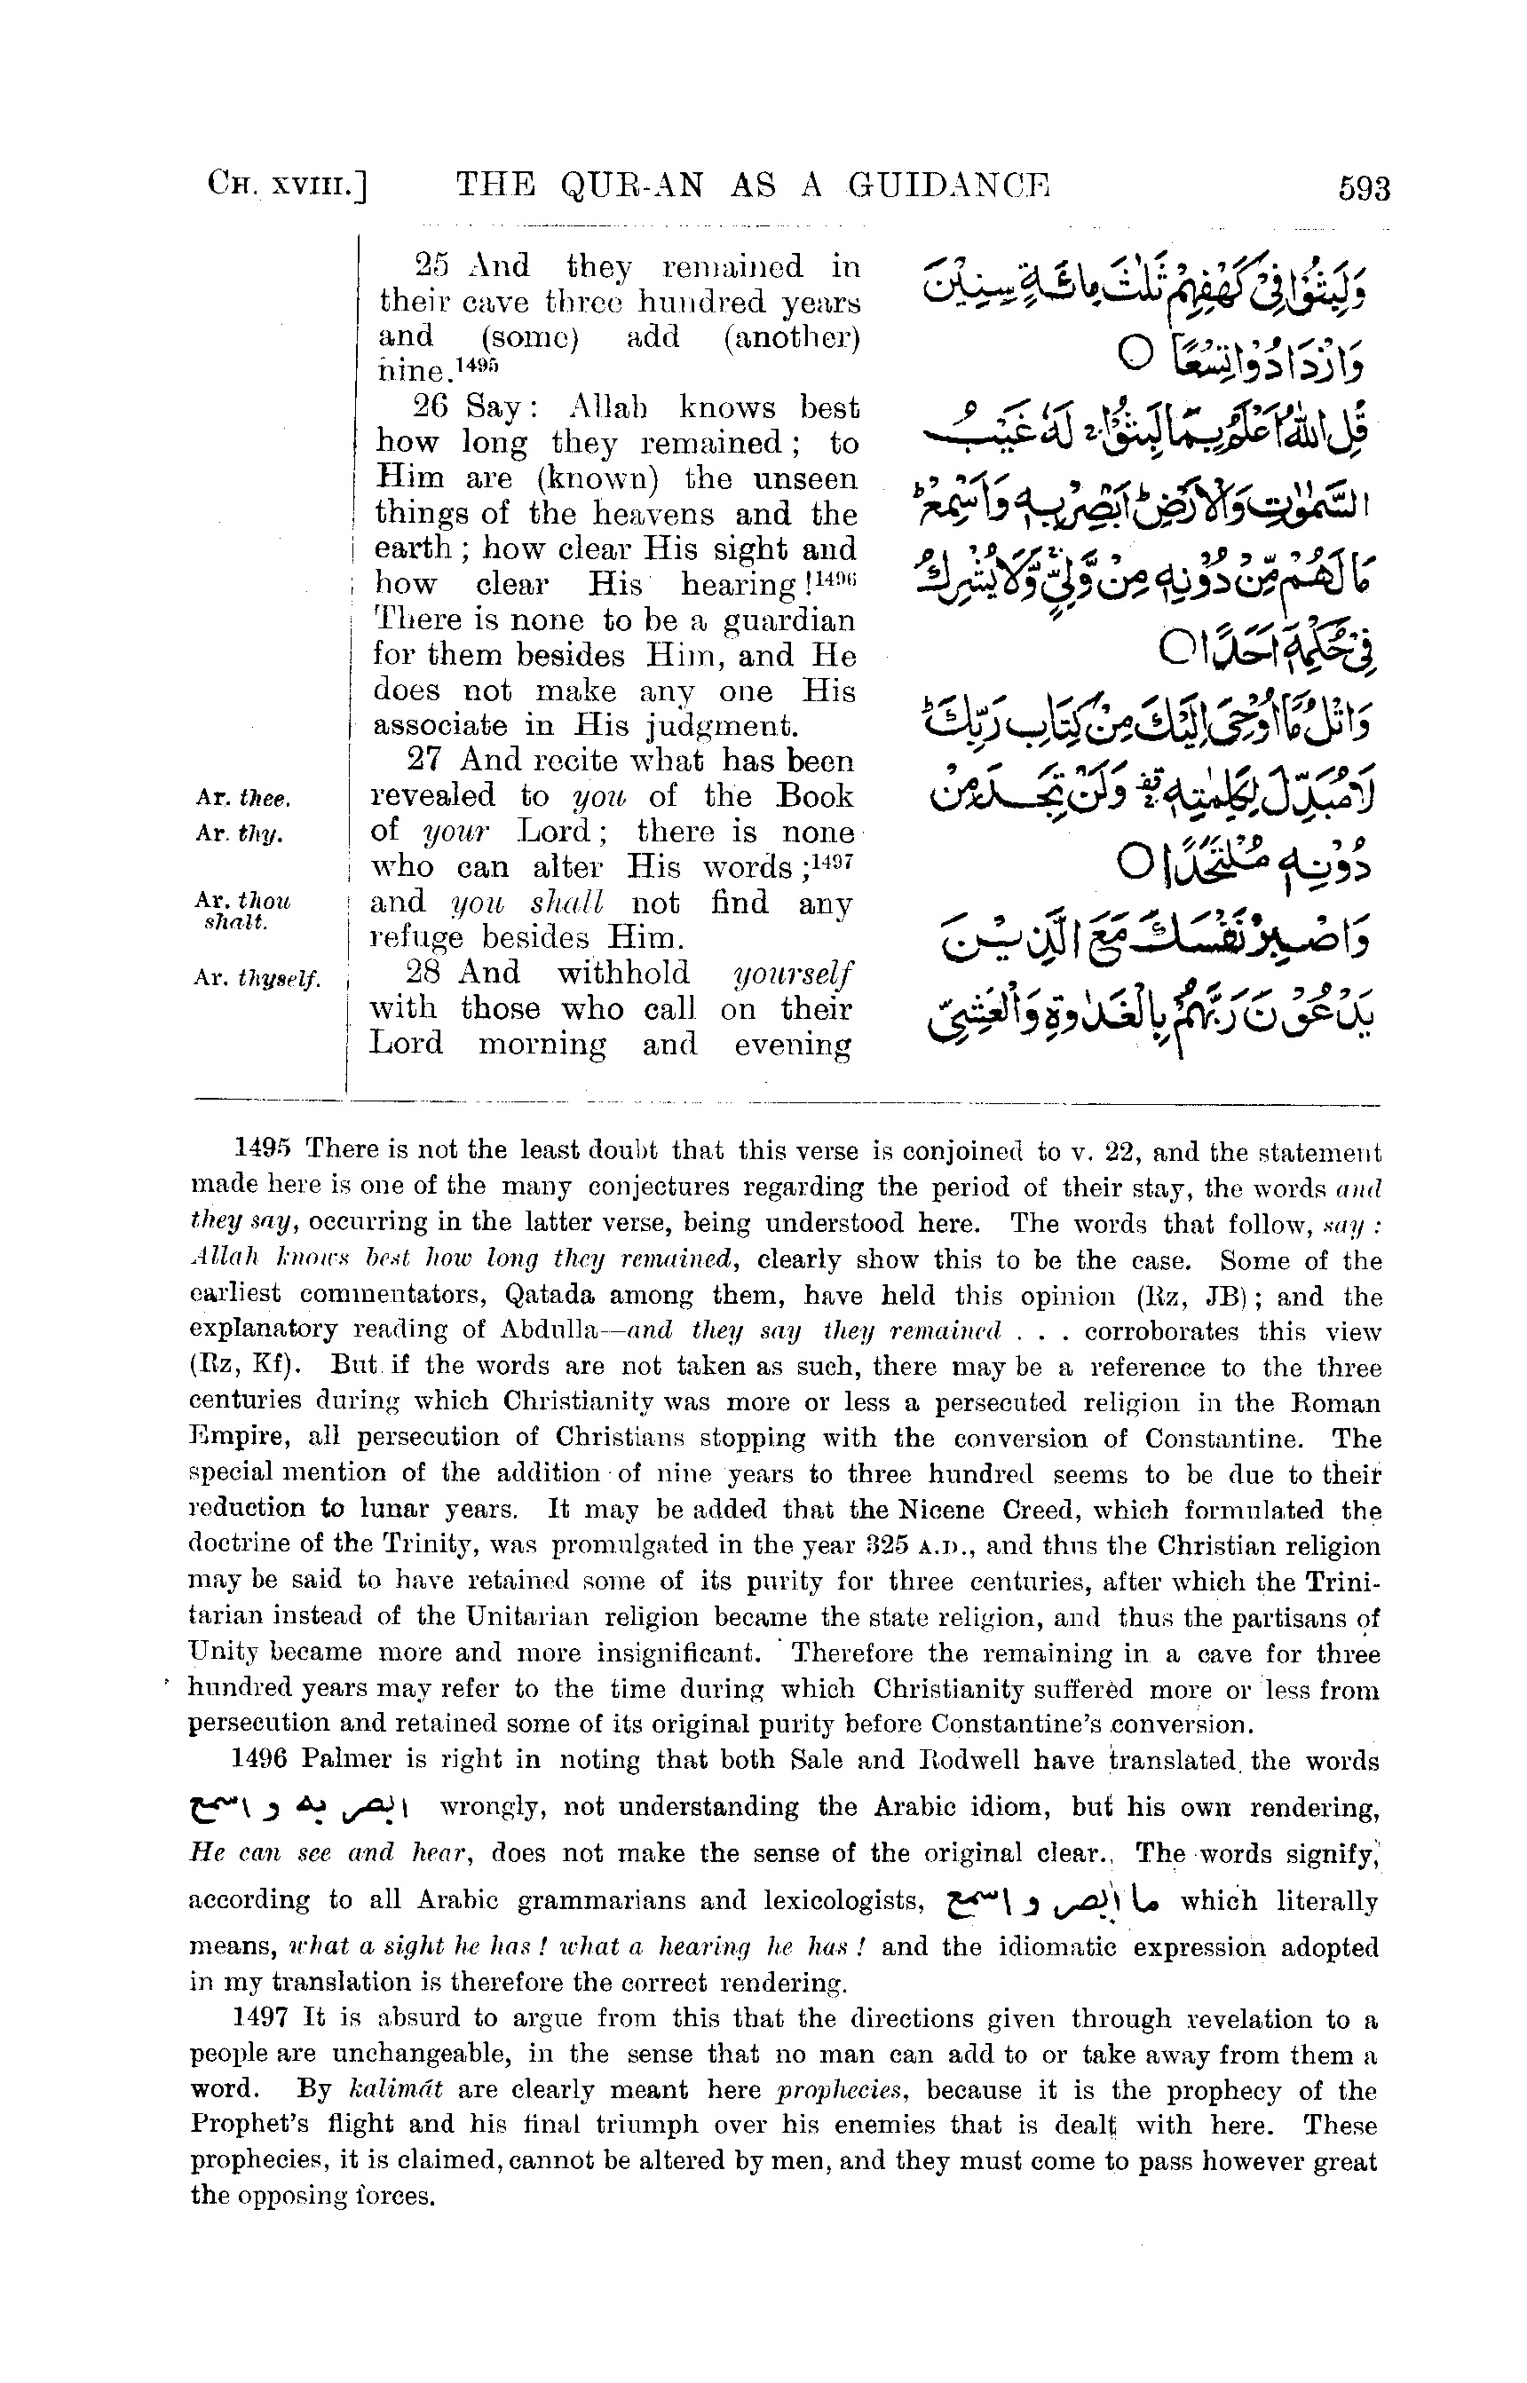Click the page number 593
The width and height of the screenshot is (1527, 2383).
[x=1364, y=188]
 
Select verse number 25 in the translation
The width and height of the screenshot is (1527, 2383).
[x=432, y=268]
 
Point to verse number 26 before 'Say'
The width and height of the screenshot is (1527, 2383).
[x=432, y=408]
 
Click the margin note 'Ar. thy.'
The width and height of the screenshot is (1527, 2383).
[x=240, y=833]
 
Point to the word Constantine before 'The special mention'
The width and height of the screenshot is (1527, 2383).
[x=1224, y=1439]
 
